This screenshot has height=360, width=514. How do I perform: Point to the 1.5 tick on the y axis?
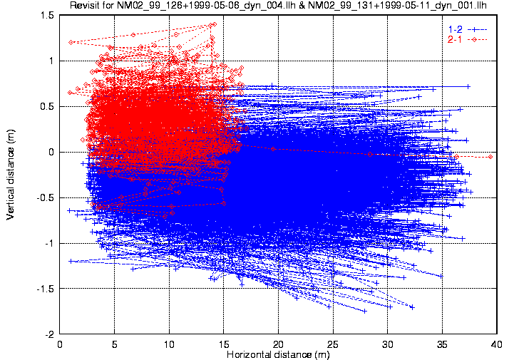(48, 15)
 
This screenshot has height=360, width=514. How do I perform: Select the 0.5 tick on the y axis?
(48, 106)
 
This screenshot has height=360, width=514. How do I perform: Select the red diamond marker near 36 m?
(456, 156)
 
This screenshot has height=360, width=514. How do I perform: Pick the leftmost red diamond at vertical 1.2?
(71, 42)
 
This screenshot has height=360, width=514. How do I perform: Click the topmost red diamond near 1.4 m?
(214, 24)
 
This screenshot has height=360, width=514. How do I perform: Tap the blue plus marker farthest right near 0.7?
(468, 86)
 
